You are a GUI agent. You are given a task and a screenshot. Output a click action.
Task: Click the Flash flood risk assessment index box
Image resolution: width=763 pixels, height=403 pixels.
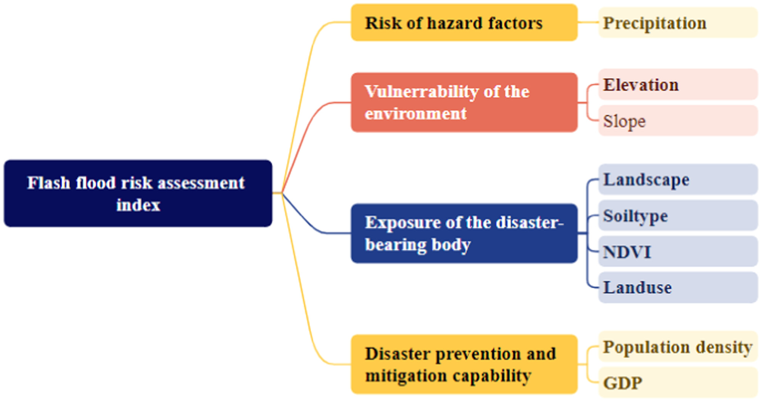coord(138,193)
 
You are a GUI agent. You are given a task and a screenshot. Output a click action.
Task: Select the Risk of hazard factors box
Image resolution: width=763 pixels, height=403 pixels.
coord(464,23)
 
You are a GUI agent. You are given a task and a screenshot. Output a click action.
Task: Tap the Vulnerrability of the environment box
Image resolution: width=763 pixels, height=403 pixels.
coord(464,102)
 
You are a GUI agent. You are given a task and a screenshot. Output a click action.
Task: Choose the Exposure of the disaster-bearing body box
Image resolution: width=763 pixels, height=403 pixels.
coord(464,233)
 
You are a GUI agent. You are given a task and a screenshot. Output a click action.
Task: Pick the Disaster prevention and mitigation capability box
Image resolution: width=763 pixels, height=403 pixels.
coord(464,364)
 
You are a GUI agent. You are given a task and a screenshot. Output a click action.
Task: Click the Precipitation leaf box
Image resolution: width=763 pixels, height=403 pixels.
coord(678,23)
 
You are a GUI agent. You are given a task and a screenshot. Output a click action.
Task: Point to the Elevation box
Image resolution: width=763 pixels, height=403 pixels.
coord(678,84)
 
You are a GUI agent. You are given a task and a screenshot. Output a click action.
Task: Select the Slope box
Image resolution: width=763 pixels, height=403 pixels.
coord(678,121)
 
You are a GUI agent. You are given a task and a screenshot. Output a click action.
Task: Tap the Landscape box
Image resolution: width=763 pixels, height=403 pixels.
coord(678,179)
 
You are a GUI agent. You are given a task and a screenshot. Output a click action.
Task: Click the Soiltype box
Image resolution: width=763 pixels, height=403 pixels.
coord(678,215)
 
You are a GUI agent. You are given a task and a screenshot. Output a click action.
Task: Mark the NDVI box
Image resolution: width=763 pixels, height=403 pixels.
coord(678,251)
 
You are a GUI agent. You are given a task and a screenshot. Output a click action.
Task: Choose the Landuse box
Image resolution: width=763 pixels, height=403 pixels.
coord(678,287)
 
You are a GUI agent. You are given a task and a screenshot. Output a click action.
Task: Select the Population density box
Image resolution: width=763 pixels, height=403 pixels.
coord(678,346)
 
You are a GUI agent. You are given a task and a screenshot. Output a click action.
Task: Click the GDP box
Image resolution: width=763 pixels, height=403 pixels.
coord(678,382)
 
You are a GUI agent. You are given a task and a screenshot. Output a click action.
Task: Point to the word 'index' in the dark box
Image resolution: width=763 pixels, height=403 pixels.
coord(138,205)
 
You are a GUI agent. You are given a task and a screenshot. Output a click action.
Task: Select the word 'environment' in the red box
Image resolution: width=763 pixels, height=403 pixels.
coord(415,114)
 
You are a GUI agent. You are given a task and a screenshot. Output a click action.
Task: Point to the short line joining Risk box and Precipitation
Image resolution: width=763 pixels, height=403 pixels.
coord(588,23)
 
